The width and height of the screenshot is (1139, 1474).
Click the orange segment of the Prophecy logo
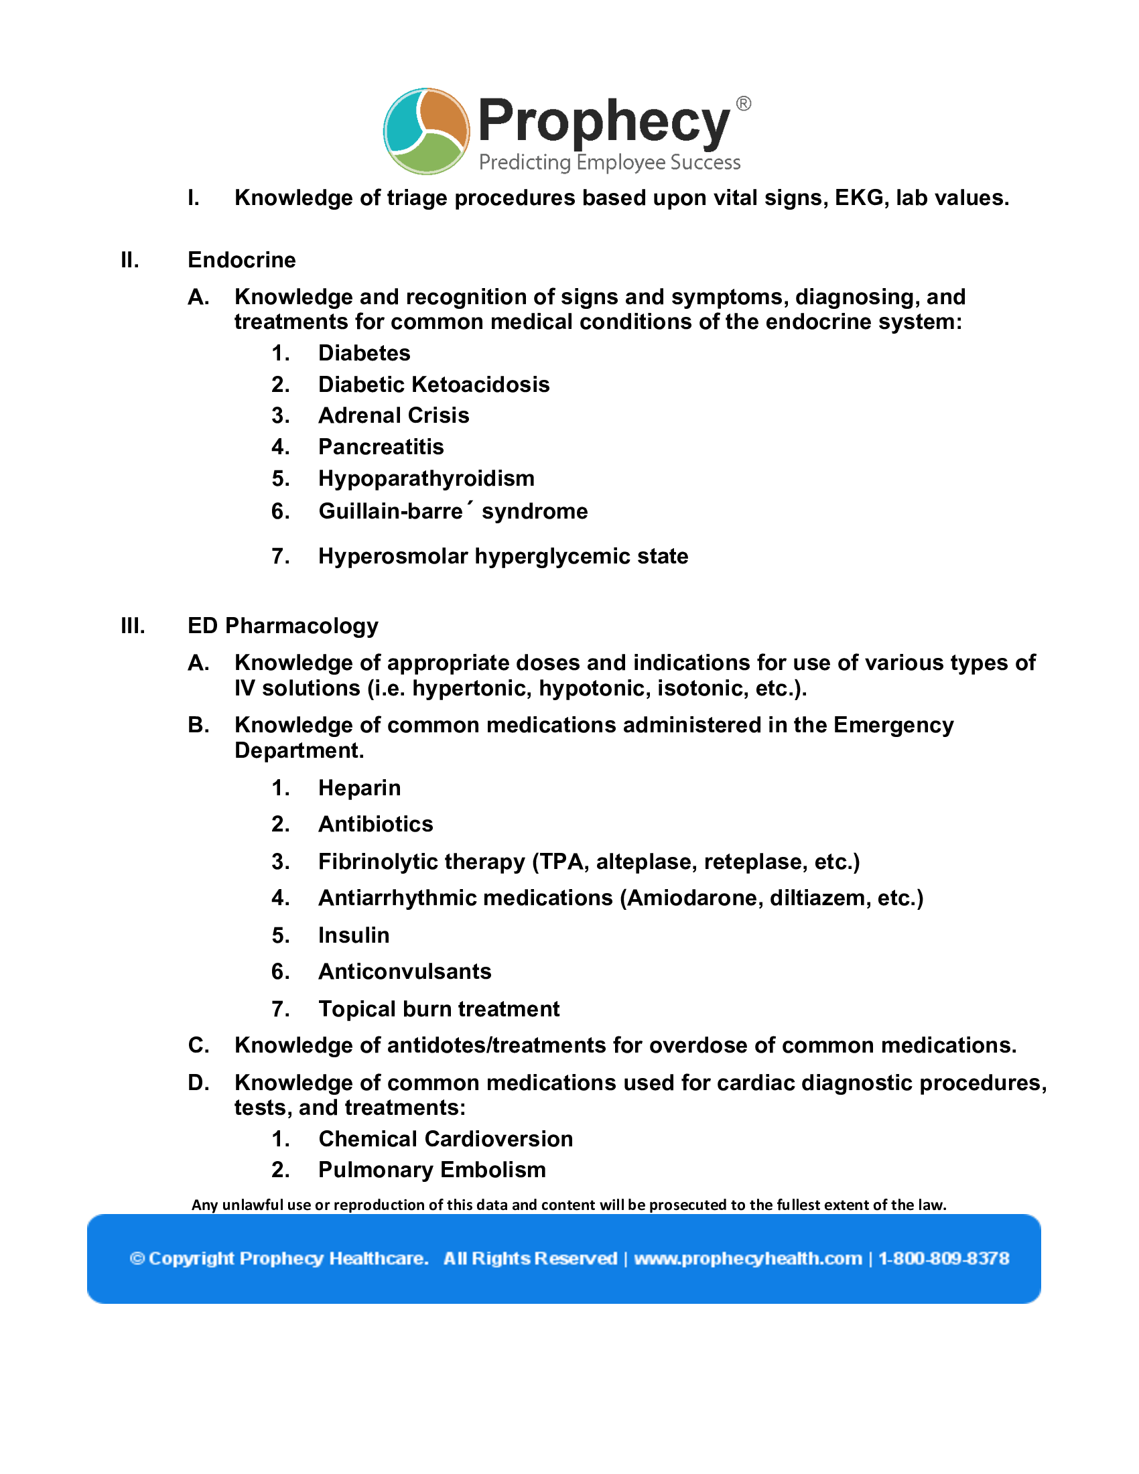tap(446, 116)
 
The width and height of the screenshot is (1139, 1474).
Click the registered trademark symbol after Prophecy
tap(743, 104)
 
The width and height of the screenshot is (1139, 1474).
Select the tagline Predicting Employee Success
tap(609, 163)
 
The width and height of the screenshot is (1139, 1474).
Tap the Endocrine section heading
tap(242, 260)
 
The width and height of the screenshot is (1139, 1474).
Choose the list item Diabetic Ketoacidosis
tap(434, 385)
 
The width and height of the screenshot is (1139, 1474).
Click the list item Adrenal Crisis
tap(393, 416)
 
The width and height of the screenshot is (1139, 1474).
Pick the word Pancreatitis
tap(381, 447)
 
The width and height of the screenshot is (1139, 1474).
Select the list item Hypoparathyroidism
tap(425, 478)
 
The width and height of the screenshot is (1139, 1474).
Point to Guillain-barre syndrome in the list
tap(453, 512)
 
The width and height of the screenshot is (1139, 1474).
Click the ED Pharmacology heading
tap(283, 626)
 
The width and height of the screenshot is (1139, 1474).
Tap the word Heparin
tap(360, 788)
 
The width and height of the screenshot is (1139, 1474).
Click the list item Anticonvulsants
tap(405, 972)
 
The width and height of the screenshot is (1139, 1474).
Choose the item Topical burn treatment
tap(439, 1009)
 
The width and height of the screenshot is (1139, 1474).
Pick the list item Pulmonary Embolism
tap(432, 1170)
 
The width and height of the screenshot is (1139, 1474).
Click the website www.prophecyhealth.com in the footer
tap(748, 1259)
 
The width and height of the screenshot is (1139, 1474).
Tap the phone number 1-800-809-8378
tap(943, 1259)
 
